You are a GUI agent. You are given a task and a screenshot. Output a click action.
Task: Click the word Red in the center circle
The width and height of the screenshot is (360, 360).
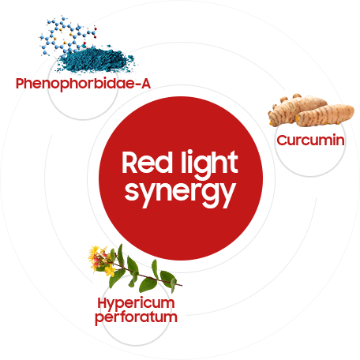point(146,162)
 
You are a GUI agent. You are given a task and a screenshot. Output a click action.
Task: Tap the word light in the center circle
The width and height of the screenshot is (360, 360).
point(209,165)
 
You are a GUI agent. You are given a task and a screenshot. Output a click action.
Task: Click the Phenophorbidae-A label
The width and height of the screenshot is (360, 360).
point(83,84)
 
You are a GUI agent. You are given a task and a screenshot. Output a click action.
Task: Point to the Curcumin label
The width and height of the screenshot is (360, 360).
point(310,140)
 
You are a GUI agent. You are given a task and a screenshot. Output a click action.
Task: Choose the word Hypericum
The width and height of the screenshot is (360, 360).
point(136,303)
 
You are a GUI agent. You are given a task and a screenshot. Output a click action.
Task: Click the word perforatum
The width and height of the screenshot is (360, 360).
point(136,317)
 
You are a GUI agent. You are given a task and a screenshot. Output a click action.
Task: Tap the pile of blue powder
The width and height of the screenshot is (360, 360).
point(96,60)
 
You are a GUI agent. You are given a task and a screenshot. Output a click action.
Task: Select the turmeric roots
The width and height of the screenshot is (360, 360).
point(310,111)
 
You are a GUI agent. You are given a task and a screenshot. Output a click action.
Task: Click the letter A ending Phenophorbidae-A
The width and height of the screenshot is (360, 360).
point(145,84)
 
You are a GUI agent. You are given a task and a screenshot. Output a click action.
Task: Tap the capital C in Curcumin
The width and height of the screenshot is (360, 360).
point(282,141)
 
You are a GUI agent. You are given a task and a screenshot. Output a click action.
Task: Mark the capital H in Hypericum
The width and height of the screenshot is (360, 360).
point(102,302)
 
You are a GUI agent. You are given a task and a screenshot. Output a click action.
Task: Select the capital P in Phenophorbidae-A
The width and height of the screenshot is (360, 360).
point(21,84)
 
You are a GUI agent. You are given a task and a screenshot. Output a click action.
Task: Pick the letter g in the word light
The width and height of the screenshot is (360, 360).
point(202,167)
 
